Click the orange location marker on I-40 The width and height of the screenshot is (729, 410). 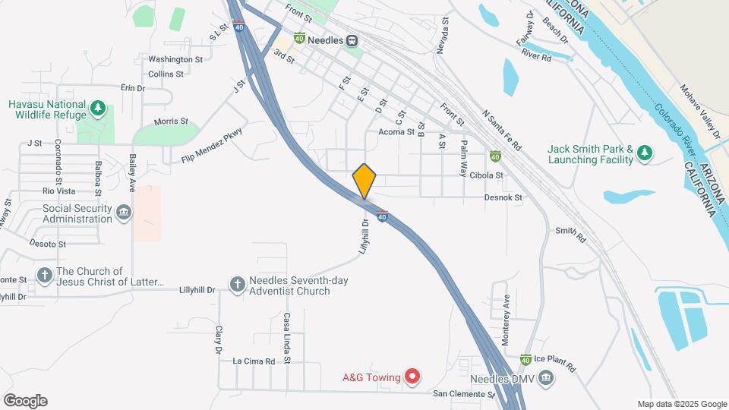(364, 181)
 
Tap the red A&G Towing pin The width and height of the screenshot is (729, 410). (412, 375)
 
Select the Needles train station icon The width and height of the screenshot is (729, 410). (352, 41)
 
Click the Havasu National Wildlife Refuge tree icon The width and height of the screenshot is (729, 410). (97, 109)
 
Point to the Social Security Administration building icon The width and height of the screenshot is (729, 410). (124, 214)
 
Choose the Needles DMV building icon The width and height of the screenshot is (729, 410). (546, 378)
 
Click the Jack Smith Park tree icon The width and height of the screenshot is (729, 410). (645, 154)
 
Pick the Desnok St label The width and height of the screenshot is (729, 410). (504, 197)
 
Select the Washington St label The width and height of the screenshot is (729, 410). (175, 59)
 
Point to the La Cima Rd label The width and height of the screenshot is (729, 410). (254, 361)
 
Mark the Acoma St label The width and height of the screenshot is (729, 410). (396, 131)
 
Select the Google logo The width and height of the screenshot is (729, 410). (25, 401)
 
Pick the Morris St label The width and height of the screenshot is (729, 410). (171, 121)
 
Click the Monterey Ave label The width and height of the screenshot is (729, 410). (507, 306)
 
